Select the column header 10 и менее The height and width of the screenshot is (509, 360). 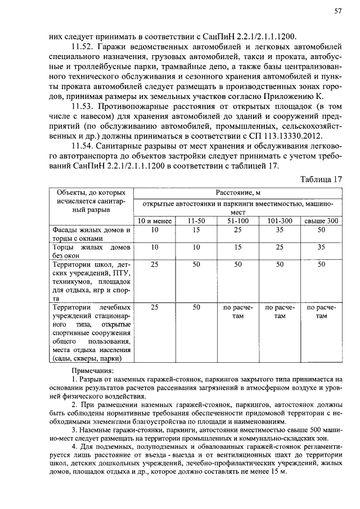click(155, 221)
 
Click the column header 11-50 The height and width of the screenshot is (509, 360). click(196, 221)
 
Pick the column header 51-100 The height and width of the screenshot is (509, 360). click(238, 221)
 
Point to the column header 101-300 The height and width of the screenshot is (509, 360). click(280, 221)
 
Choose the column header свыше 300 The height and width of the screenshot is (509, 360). click(321, 221)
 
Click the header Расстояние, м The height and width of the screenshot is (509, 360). click(238, 193)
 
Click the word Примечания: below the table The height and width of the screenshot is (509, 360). click(92, 371)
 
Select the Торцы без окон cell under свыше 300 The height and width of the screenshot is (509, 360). click(321, 247)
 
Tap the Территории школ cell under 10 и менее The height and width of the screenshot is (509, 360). click(155, 264)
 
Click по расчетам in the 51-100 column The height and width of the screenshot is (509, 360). click(238, 312)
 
